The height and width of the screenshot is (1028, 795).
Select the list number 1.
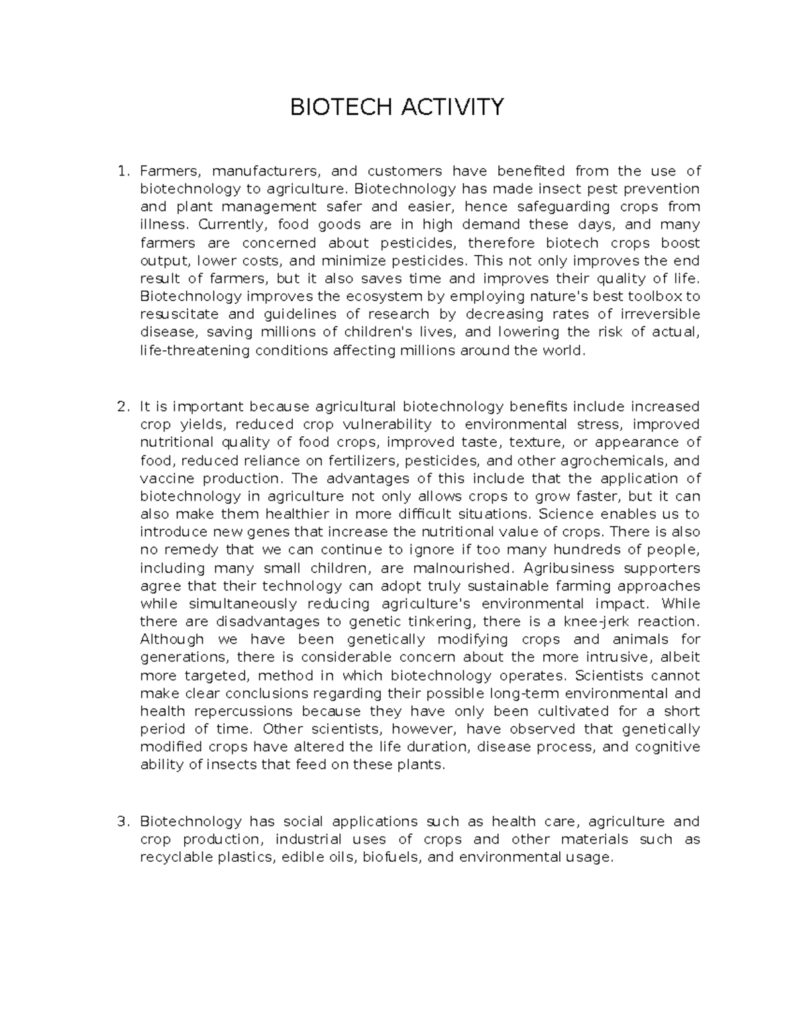pyautogui.click(x=121, y=171)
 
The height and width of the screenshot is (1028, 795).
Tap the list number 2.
pyautogui.click(x=121, y=406)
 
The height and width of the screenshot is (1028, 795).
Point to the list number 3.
pyautogui.click(x=121, y=821)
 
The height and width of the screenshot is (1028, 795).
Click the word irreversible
pyautogui.click(x=658, y=314)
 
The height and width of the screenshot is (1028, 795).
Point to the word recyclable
pyautogui.click(x=173, y=857)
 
